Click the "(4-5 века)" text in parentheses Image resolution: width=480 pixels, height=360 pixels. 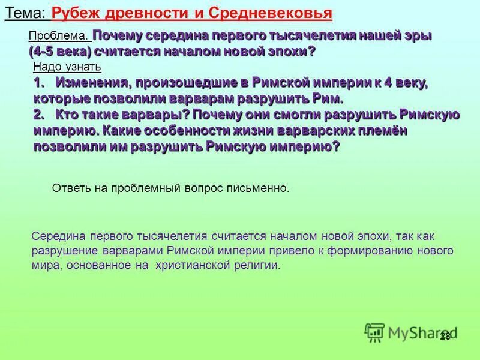[x=60, y=51]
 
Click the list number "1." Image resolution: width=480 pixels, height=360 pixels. [x=40, y=83]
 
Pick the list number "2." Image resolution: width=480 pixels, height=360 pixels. [x=40, y=114]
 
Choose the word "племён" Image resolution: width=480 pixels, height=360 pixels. [x=377, y=130]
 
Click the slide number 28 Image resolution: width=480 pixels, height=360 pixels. [x=445, y=336]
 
